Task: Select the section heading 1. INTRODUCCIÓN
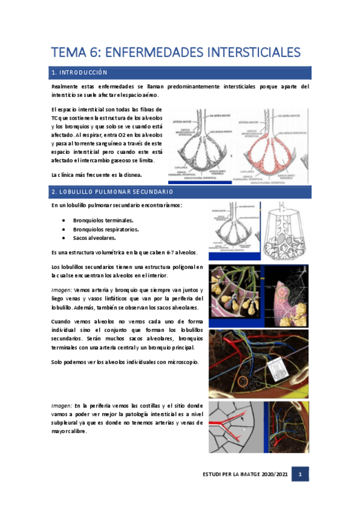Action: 79,73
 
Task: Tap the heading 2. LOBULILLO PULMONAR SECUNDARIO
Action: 113,192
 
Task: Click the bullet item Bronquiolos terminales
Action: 103,220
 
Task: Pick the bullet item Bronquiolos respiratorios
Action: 106,229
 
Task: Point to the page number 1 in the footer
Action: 301,475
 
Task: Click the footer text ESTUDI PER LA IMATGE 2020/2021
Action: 245,475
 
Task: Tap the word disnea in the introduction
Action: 132,174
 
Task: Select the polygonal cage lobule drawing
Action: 287,230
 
